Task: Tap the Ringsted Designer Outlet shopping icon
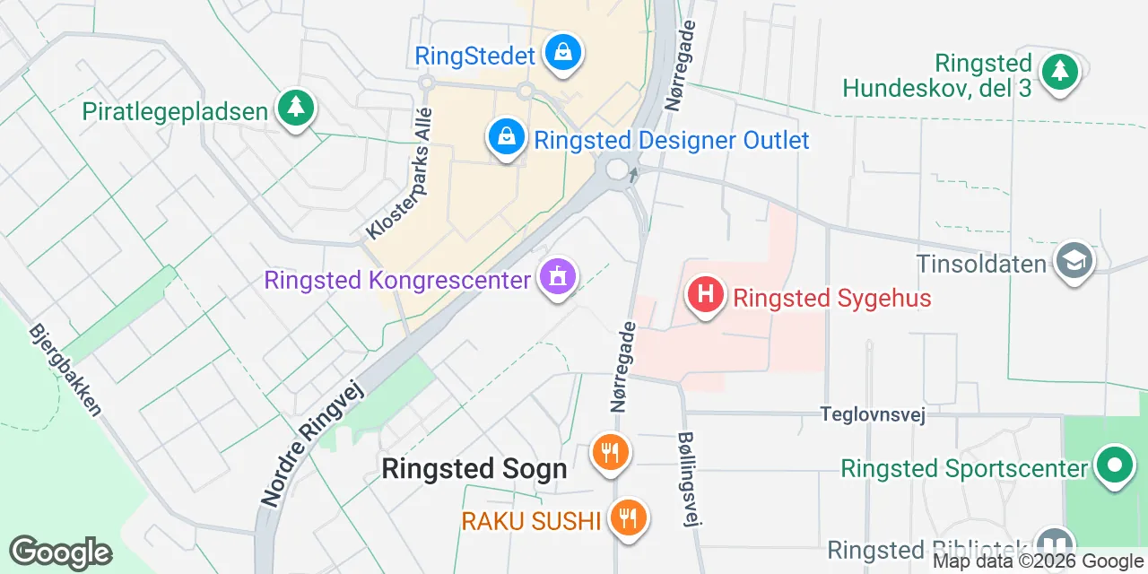[507, 138]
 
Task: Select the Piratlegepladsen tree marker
[294, 109]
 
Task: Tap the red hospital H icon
[706, 295]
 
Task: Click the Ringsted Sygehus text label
[832, 298]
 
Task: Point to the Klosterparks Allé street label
[400, 174]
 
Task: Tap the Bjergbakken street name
[66, 369]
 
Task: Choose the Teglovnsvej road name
[872, 413]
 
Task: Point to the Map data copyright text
[1039, 561]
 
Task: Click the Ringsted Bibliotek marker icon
[1055, 544]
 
